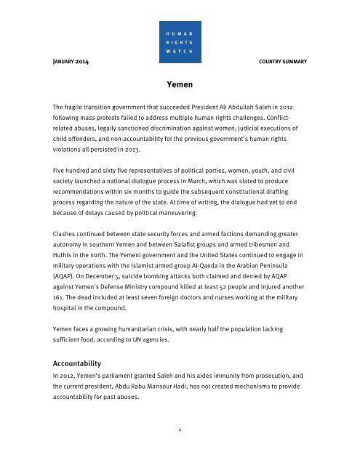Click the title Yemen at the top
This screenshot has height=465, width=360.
pyautogui.click(x=180, y=84)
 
